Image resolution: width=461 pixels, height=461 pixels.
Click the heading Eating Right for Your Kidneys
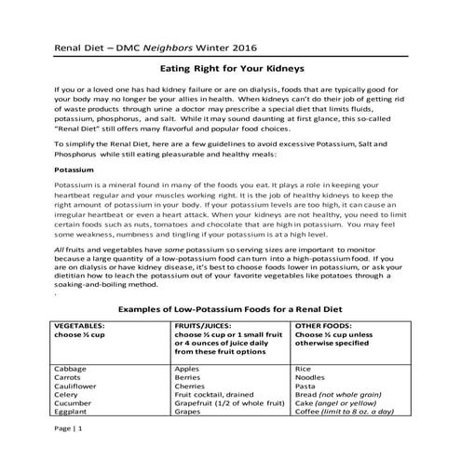230,68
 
